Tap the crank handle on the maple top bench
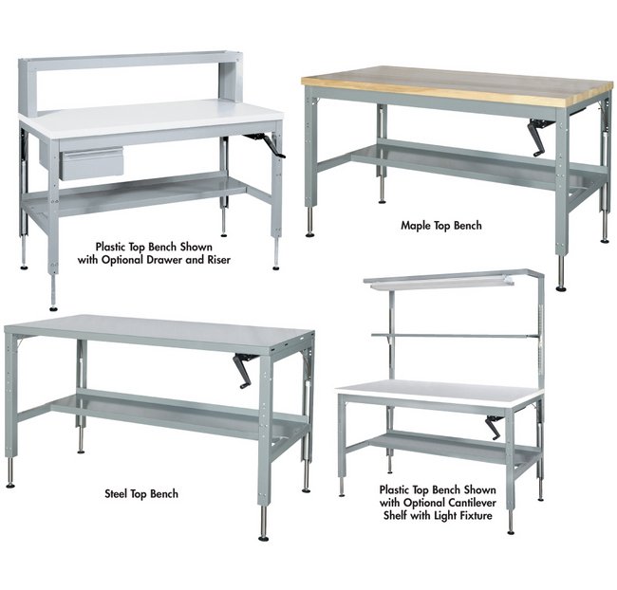(x=541, y=137)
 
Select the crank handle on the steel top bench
(x=243, y=370)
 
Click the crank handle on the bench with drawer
(x=269, y=145)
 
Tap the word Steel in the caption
(x=116, y=493)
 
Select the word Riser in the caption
(x=218, y=260)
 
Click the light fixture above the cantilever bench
(x=440, y=283)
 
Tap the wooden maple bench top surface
(x=458, y=85)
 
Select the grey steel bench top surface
(x=158, y=332)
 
